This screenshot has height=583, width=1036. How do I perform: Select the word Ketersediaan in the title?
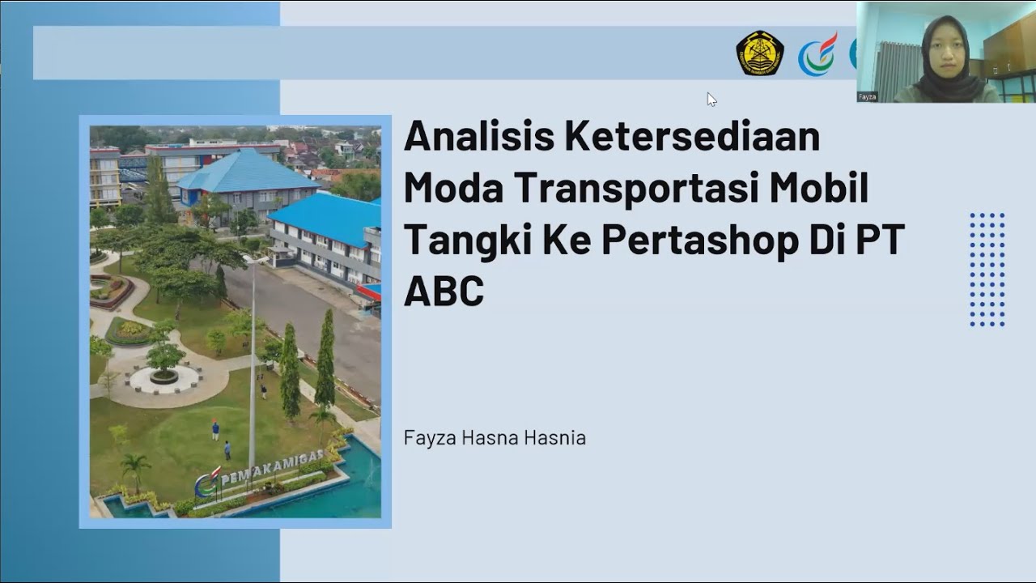[x=692, y=136]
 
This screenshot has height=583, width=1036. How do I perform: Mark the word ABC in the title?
[x=444, y=291]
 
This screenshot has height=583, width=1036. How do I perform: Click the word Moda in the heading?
[x=453, y=188]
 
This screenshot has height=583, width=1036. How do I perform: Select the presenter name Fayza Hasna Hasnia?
[x=495, y=438]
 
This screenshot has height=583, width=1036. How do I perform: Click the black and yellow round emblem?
[x=759, y=53]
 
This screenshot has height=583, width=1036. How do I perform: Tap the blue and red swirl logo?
[x=817, y=55]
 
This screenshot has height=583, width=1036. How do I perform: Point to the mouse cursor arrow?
[x=711, y=99]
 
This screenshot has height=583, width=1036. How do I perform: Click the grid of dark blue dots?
[x=987, y=270]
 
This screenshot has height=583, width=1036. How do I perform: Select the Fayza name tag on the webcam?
[x=868, y=96]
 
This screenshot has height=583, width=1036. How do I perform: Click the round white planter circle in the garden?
[x=164, y=380]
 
